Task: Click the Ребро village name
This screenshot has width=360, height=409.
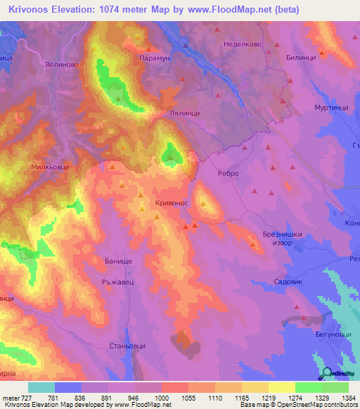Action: coord(229,173)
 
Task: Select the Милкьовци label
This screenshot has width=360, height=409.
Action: coord(50,168)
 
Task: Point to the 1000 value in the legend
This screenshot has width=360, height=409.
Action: coord(162,398)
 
